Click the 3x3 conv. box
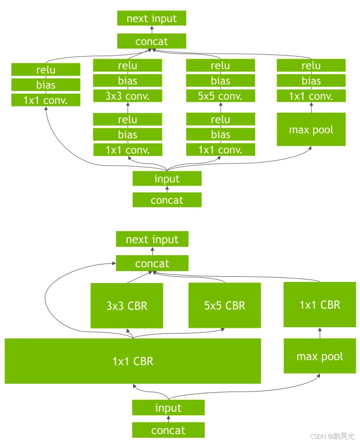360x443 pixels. [128, 96]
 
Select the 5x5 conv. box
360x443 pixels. [221, 96]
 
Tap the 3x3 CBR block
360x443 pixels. [127, 306]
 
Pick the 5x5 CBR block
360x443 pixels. [224, 306]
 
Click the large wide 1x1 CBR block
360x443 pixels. [133, 361]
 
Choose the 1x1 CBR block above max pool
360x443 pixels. [319, 305]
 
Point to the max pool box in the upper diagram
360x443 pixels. [311, 130]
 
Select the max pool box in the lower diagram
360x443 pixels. [319, 356]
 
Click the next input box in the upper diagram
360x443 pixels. [151, 19]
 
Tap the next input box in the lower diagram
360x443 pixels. [152, 239]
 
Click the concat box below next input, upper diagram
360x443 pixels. [151, 41]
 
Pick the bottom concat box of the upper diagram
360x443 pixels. [167, 200]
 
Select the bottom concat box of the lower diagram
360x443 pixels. [168, 430]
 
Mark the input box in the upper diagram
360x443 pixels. [167, 179]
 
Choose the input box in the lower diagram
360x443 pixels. [168, 408]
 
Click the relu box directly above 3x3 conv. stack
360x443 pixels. [128, 66]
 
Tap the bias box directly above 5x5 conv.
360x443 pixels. [221, 81]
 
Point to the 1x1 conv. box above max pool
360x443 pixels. [311, 96]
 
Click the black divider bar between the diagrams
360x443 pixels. [180, 218]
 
